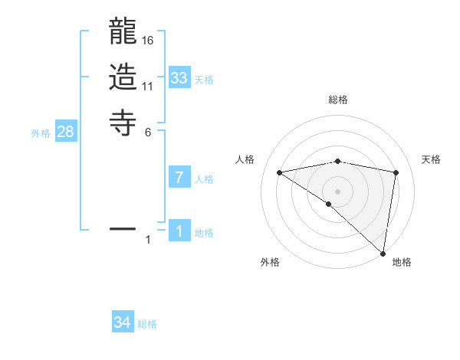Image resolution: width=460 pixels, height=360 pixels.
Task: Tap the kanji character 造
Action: point(123,78)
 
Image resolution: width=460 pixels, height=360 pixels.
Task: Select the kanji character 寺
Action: point(123,122)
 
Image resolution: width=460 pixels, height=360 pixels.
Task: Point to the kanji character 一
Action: point(123,228)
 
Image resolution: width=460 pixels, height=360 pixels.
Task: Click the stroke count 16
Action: point(149,41)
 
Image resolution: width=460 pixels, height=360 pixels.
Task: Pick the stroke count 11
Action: point(149,87)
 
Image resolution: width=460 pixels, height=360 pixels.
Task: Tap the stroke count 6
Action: point(149,132)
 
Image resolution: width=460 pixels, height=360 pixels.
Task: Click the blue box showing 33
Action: point(179,78)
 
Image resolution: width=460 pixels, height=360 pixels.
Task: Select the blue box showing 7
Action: point(179,178)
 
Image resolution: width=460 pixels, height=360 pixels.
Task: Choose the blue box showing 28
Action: point(66,132)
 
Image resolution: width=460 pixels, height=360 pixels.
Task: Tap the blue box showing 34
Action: point(123,322)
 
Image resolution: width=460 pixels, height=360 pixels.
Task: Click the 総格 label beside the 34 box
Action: point(148,324)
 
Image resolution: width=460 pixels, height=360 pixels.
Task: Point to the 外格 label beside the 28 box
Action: point(41,133)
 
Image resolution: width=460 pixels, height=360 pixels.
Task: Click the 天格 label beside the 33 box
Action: point(204,80)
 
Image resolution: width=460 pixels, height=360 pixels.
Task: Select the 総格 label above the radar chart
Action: point(338,100)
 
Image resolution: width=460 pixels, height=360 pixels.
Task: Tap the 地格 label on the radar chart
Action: point(402,262)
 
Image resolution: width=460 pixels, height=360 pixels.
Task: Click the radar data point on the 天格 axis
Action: point(396,172)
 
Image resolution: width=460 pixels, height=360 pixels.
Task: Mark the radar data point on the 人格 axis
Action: point(280,172)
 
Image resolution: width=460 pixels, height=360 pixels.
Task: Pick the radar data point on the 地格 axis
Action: point(383,252)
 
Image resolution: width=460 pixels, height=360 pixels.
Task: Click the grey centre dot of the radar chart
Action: point(338,191)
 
